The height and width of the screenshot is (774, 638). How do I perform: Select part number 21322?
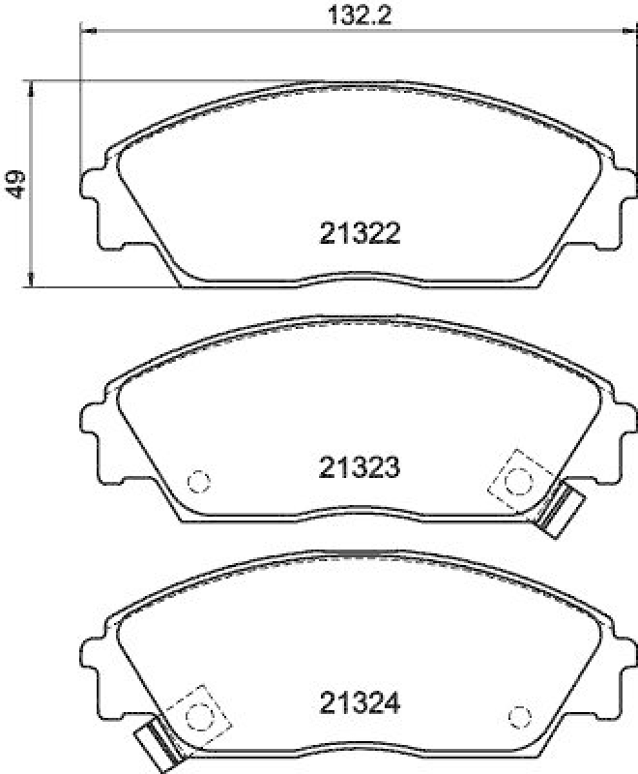click(x=359, y=233)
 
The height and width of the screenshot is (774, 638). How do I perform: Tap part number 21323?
click(x=359, y=469)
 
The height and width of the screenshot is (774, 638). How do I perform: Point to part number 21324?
click(x=359, y=700)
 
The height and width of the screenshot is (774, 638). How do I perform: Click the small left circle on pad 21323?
click(x=198, y=480)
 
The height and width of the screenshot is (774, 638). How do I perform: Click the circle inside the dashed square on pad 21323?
click(x=520, y=478)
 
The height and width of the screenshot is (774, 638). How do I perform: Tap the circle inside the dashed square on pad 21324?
click(x=200, y=716)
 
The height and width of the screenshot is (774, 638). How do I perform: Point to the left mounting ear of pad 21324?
click(x=93, y=659)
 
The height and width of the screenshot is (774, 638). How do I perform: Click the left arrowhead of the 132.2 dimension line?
click(x=85, y=33)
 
